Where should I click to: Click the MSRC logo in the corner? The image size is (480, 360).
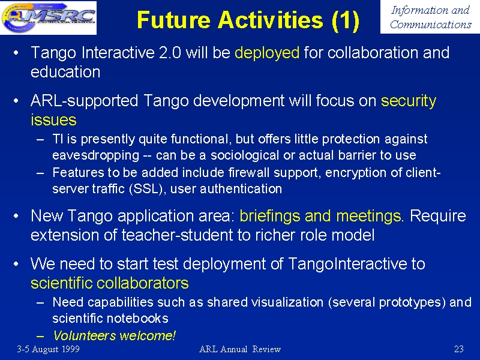pyautogui.click(x=49, y=17)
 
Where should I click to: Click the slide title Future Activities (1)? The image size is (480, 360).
pyautogui.click(x=248, y=20)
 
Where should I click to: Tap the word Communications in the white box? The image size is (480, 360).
pyautogui.click(x=430, y=25)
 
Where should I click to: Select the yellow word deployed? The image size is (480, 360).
pyautogui.click(x=267, y=53)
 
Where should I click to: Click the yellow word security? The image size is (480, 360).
pyautogui.click(x=409, y=101)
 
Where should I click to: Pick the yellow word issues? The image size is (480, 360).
pyautogui.click(x=53, y=119)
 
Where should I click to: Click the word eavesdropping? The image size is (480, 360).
pyautogui.click(x=95, y=155)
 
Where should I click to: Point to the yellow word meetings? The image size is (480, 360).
pyautogui.click(x=368, y=216)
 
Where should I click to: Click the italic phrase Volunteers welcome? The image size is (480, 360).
pyautogui.click(x=114, y=336)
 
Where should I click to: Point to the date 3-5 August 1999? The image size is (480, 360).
pyautogui.click(x=49, y=349)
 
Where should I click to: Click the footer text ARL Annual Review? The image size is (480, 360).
pyautogui.click(x=240, y=349)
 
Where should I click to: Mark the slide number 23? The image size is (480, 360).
pyautogui.click(x=458, y=349)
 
